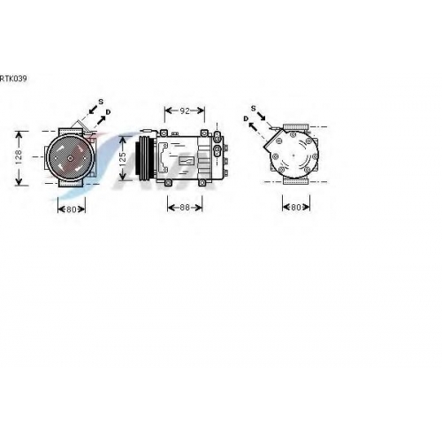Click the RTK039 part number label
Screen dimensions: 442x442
coord(13,79)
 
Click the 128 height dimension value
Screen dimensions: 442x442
coord(19,156)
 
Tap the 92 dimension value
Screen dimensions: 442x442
coord(185,110)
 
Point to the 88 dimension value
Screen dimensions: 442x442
coord(185,207)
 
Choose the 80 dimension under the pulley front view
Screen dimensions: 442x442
coord(72,210)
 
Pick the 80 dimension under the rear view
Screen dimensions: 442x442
coord(296,207)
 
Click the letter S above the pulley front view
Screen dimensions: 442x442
coord(101,102)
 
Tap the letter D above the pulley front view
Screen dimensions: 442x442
coord(108,112)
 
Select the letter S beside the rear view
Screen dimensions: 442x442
coord(254,109)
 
